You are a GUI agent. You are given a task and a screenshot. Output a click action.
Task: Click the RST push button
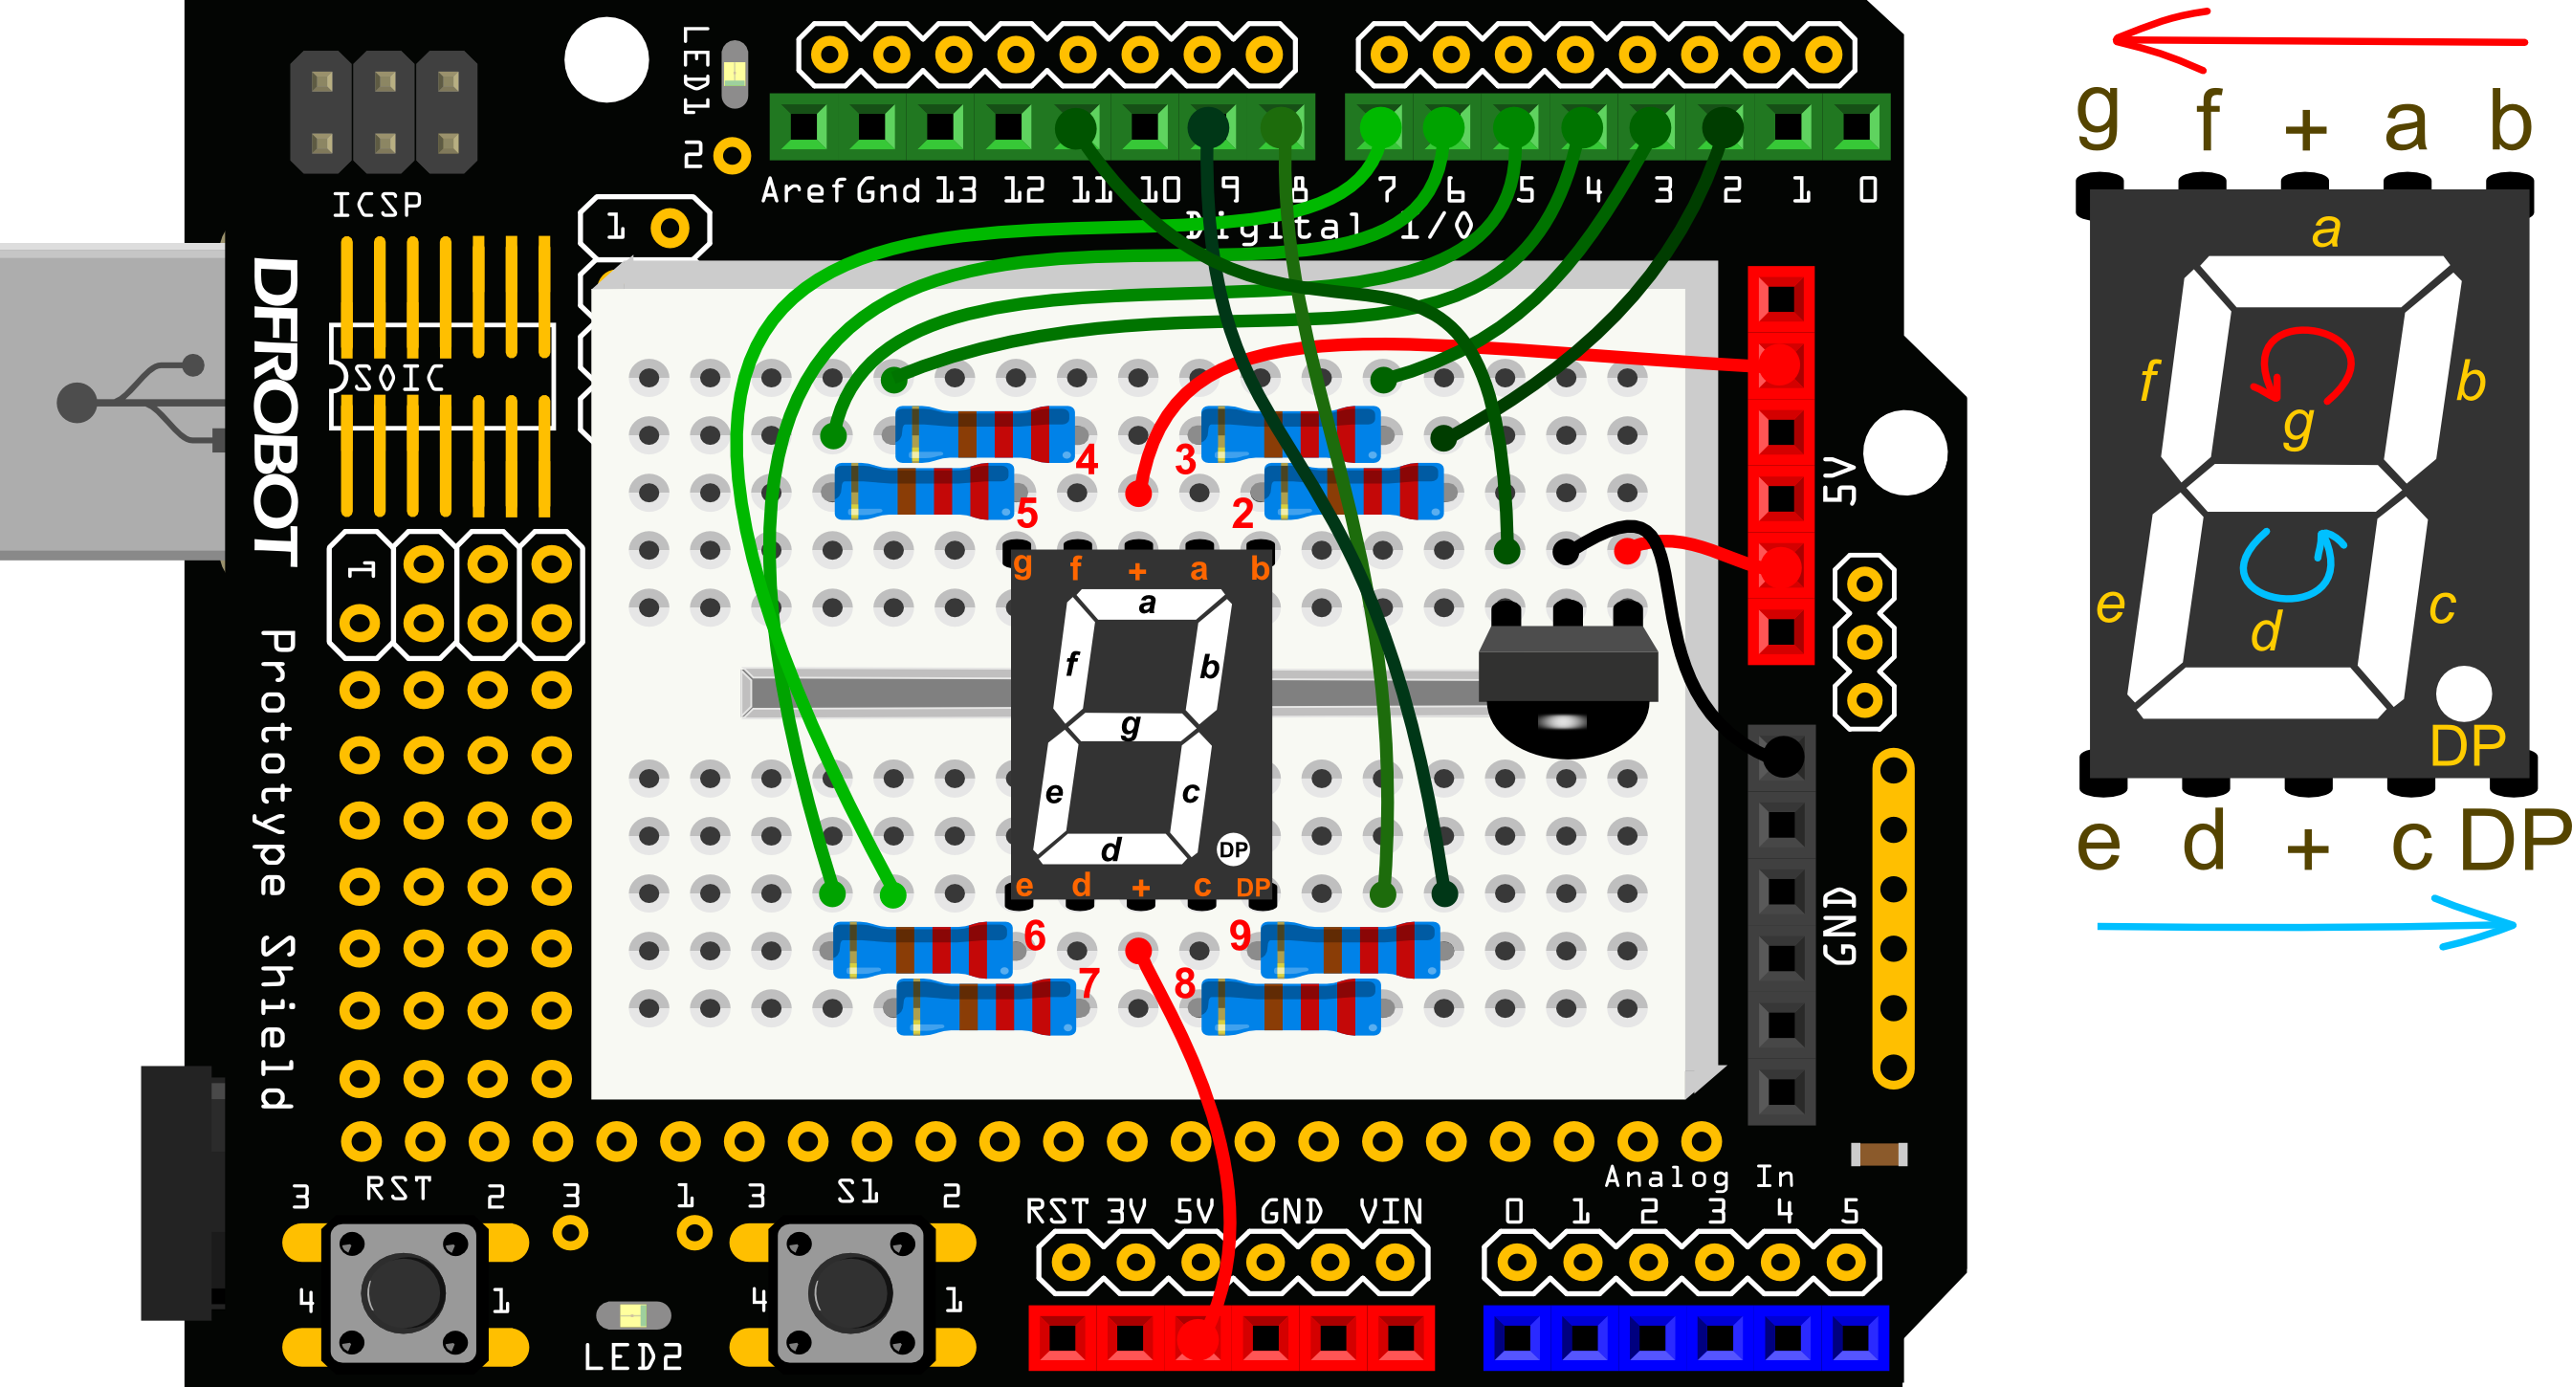(x=405, y=1293)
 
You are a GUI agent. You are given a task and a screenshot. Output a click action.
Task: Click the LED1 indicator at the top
(x=734, y=72)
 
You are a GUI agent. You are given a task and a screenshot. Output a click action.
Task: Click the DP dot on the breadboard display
(x=1233, y=849)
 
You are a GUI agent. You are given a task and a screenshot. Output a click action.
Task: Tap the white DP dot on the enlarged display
(x=2463, y=692)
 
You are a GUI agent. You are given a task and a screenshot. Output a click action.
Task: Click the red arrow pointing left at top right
(x=2317, y=40)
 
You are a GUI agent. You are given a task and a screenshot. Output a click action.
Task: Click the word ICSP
(x=377, y=205)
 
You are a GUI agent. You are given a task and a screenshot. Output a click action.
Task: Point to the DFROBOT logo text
(x=275, y=409)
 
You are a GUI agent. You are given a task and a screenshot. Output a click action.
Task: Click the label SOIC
(x=400, y=379)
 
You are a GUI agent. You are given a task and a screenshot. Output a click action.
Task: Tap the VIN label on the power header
(x=1390, y=1211)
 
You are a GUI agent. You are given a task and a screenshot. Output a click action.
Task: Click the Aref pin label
(x=802, y=189)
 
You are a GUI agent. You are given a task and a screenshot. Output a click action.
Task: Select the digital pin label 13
(x=956, y=189)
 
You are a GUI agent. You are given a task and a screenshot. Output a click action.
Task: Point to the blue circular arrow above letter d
(x=2291, y=564)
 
